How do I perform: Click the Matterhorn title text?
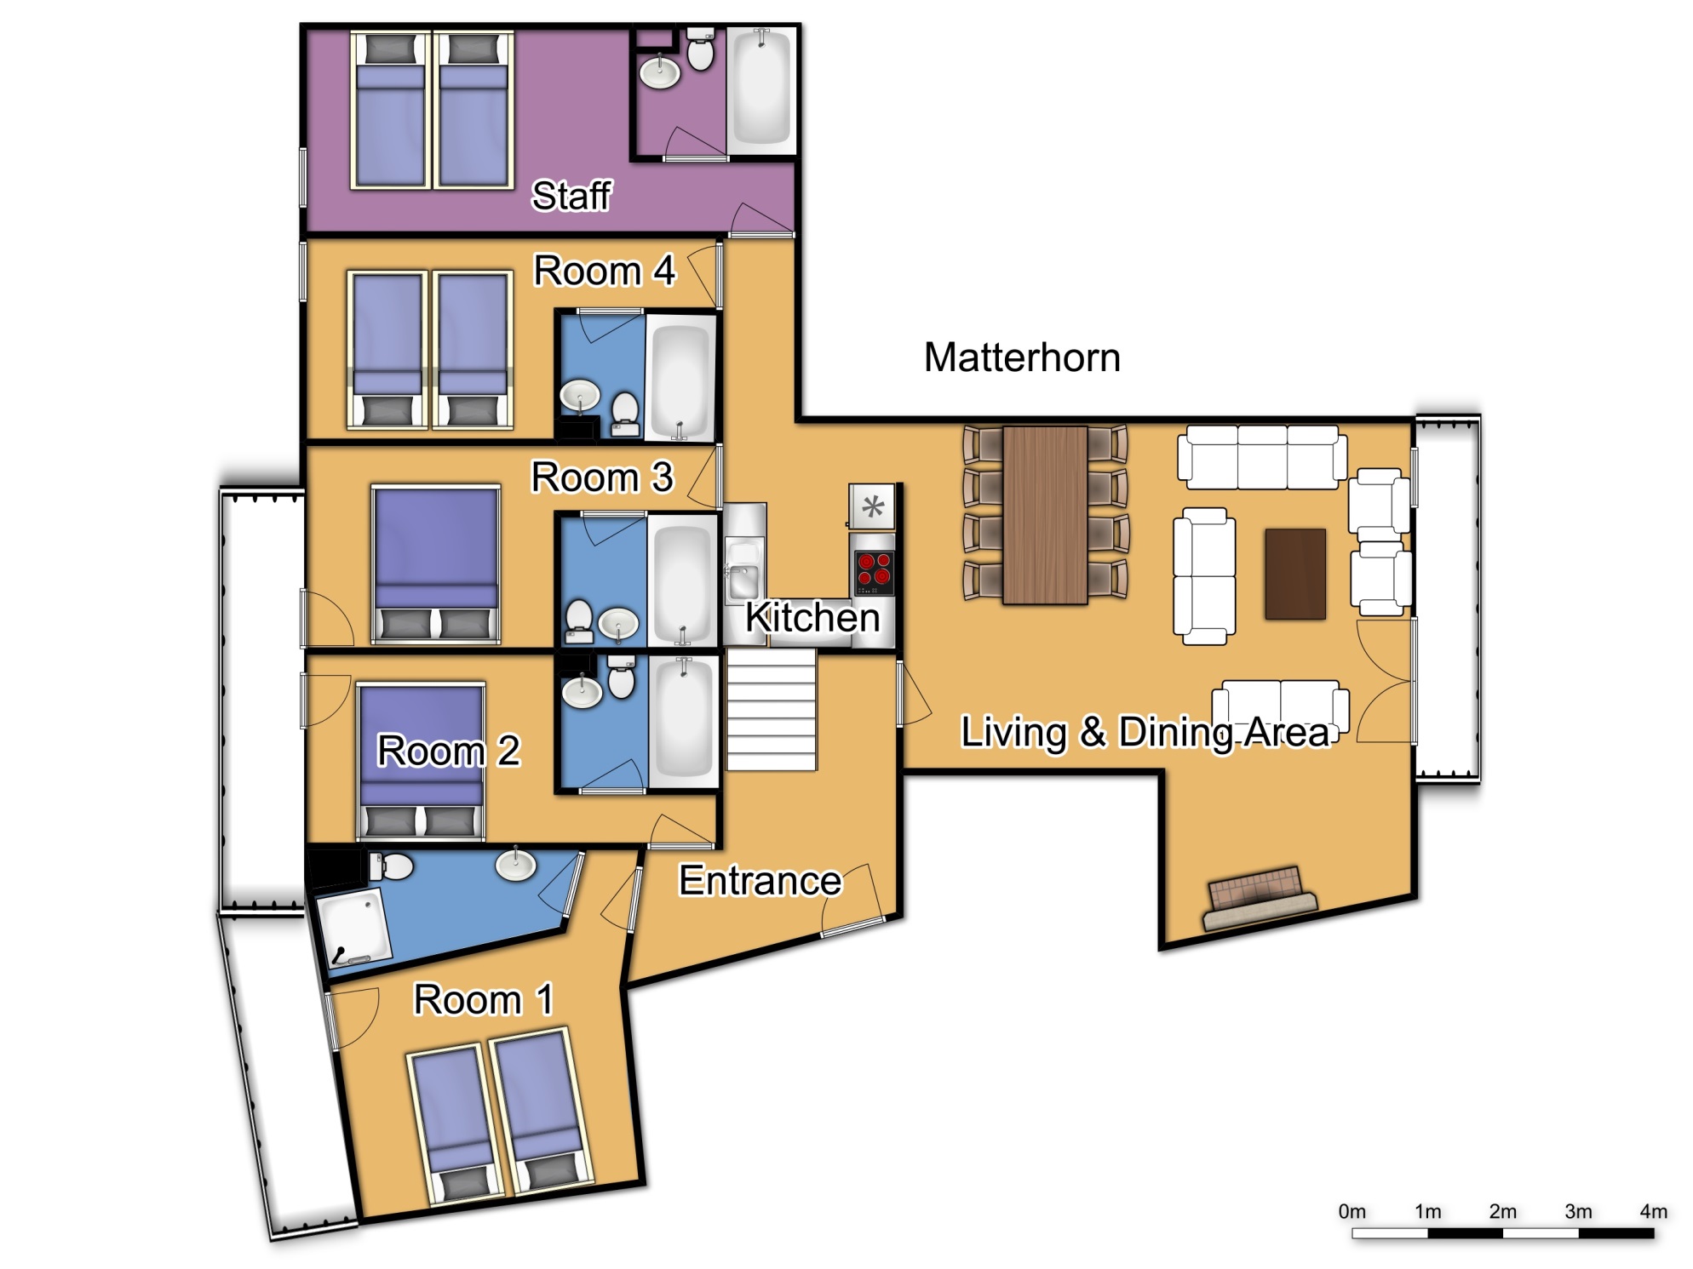[1022, 357]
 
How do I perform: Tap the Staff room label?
[571, 196]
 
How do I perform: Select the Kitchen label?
[812, 617]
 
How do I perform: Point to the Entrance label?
[760, 880]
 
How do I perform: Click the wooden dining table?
[1045, 515]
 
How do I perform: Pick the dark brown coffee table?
[1295, 574]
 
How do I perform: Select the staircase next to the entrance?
[772, 710]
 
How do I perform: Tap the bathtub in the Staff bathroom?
[761, 87]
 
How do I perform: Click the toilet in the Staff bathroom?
[700, 49]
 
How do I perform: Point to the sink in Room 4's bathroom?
[581, 396]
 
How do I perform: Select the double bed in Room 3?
[436, 564]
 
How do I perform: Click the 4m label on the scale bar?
[1653, 1211]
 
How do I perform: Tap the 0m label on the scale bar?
[1352, 1211]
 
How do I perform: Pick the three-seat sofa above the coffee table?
[1262, 457]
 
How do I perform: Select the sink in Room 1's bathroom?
[516, 865]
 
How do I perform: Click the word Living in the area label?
[1013, 732]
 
